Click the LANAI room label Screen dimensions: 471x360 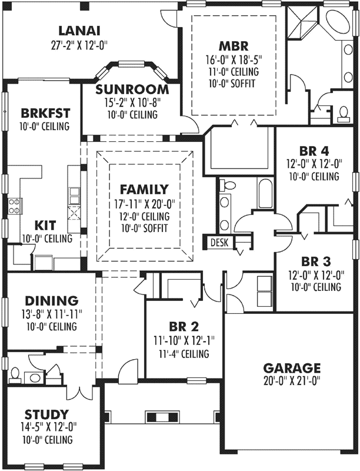pos(79,31)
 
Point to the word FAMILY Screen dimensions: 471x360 pos(144,190)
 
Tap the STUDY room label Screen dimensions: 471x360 pos(47,414)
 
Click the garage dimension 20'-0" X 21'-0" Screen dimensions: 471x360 pos(292,380)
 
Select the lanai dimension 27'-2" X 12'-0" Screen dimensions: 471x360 pos(79,44)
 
